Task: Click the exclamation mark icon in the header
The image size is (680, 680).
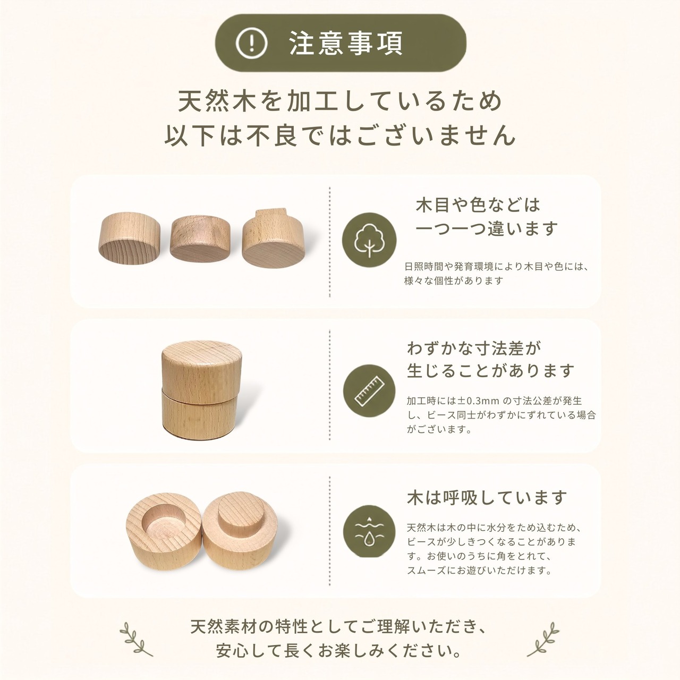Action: coord(251,44)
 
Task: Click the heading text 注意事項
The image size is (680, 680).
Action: coord(346,44)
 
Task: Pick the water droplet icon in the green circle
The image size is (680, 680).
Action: coord(369,534)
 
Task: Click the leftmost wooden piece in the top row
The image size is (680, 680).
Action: coord(129,233)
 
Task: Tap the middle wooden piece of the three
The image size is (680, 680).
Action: coord(200,239)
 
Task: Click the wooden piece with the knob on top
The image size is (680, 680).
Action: coord(274,238)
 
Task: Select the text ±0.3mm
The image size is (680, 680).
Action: coord(479,401)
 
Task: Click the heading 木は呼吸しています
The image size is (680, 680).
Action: coord(487,497)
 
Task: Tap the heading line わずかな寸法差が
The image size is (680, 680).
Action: coord(474,348)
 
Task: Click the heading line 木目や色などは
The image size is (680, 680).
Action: coord(478,205)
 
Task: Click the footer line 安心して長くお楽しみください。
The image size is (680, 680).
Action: coord(339,650)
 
